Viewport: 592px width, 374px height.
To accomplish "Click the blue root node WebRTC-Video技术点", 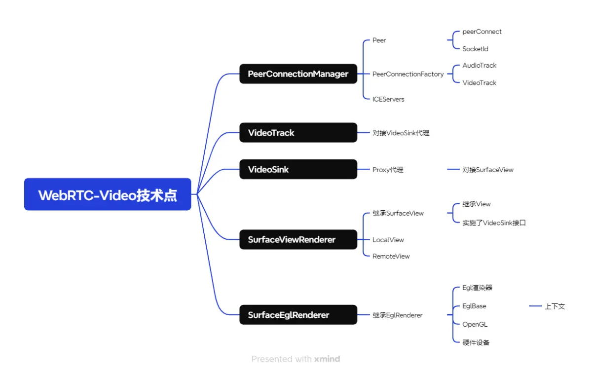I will pos(108,194).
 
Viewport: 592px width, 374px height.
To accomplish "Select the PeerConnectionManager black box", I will pos(298,74).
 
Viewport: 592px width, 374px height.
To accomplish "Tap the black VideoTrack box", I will pos(298,133).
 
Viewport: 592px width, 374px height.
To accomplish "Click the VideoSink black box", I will pos(298,169).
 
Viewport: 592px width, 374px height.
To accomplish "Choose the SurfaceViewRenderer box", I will pos(298,240).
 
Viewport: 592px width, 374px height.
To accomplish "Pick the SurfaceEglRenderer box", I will pos(298,315).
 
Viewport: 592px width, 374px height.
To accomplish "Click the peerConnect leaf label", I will pos(482,32).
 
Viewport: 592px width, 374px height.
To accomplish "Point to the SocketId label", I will pos(475,49).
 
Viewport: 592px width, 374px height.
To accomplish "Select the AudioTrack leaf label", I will pos(479,65).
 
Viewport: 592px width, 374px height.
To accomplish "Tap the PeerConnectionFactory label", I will pos(408,74).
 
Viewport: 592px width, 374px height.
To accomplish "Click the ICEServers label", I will pos(388,99).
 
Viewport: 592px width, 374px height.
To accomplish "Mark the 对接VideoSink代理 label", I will pos(401,133).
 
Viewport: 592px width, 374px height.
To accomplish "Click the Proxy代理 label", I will pos(388,170).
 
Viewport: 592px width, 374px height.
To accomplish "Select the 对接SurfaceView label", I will pos(488,170).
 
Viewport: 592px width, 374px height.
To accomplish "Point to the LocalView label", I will pos(388,240).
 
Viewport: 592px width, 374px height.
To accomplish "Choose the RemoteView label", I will pos(391,256).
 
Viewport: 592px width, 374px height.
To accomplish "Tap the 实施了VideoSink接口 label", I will pos(494,223).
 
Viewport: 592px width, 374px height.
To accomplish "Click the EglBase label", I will pos(474,306).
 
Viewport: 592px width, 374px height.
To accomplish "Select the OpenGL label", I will pos(475,324).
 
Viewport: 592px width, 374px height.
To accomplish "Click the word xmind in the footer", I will pos(327,359).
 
